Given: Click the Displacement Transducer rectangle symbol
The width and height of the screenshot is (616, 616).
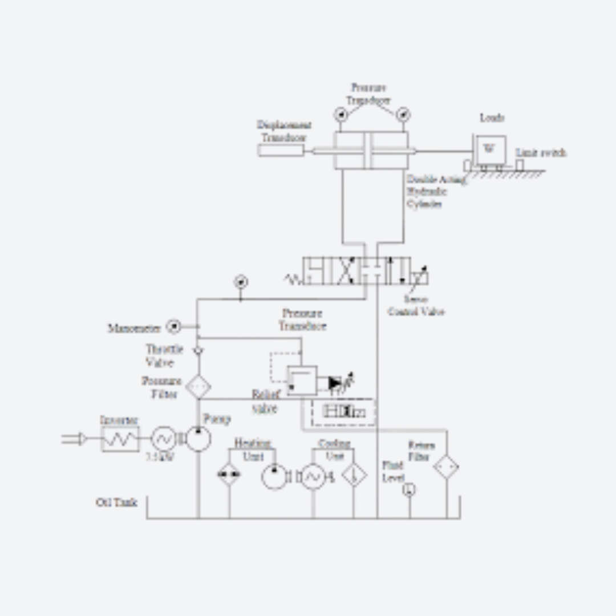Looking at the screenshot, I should pos(281,151).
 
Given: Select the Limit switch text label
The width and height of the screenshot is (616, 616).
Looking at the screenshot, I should pos(541,153).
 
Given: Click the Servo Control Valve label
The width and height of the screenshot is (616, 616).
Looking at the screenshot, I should pos(416,305).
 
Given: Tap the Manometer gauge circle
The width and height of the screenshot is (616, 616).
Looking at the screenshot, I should pos(173,327).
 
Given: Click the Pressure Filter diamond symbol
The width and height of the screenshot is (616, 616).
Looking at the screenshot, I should pos(198,387).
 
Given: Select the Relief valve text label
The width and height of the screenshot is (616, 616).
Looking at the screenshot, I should pos(265,402).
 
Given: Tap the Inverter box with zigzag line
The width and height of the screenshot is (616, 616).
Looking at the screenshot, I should pos(120,439).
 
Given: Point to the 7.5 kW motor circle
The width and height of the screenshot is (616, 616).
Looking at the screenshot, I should pos(163,439).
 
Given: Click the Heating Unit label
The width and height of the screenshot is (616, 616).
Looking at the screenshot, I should pos(253,449).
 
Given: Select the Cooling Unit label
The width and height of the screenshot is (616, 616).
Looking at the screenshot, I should pos(334,449).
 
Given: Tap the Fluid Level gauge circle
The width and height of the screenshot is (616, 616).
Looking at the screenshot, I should pos(409,489).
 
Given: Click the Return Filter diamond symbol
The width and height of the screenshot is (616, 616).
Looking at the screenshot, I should pos(446,467).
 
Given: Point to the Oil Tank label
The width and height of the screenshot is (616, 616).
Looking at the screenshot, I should pos(116,502).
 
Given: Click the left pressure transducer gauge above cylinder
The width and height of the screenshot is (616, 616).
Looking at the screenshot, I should pos(342,114).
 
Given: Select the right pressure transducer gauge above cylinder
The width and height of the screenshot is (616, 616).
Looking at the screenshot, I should pos(403,114).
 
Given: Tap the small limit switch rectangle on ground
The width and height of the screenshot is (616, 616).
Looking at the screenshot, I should pos(520,165).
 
